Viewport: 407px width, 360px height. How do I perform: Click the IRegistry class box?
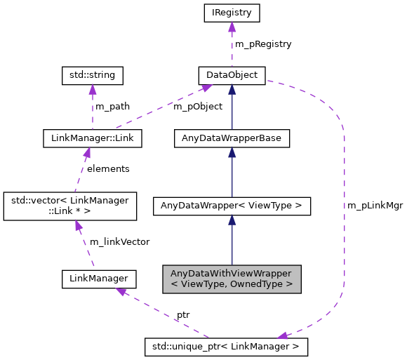coord(232,13)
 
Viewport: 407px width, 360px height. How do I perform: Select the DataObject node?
coord(232,75)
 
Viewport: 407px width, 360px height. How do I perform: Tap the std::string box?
coord(93,75)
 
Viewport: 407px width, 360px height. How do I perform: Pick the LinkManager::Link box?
coord(93,138)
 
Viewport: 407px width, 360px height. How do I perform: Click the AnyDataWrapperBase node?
coord(232,138)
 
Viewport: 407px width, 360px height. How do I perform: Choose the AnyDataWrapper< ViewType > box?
coord(232,206)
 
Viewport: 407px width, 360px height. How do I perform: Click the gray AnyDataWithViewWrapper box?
coord(232,279)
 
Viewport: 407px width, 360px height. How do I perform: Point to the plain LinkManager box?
coord(99,279)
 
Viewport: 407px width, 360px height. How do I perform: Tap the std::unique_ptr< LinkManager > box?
coord(226,346)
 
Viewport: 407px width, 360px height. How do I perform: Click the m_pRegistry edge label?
coord(263,44)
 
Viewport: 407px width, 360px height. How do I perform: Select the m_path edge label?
coord(112,107)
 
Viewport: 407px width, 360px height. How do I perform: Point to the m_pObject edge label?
coord(199,107)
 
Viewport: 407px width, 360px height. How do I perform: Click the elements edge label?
coord(108,169)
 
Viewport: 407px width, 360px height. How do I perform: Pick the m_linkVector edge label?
coord(119,242)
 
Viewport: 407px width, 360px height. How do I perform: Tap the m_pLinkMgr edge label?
coord(375,206)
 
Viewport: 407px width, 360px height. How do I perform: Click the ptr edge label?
coord(182,315)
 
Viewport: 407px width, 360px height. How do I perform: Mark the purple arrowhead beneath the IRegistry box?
coord(232,27)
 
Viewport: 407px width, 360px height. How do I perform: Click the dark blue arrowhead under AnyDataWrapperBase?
coord(232,152)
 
